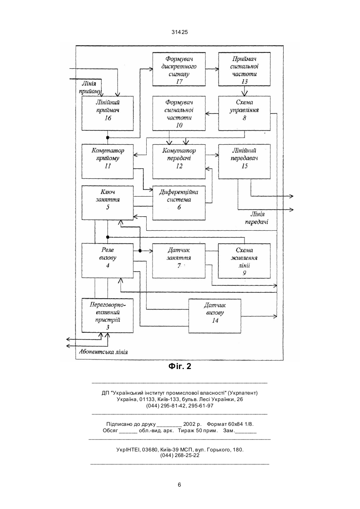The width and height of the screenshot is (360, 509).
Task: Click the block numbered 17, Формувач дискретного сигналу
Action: tap(179, 69)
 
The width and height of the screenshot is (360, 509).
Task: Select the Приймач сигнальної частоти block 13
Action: tap(245, 69)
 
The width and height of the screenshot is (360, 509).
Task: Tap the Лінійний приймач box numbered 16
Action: tap(107, 113)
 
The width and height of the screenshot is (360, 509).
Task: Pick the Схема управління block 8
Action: tap(245, 113)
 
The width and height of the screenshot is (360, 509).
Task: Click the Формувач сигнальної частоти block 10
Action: tap(179, 113)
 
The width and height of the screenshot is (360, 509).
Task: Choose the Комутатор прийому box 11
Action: tap(107, 161)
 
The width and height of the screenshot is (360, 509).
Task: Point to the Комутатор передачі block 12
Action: tap(179, 161)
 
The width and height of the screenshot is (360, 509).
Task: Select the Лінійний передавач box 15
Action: tap(245, 161)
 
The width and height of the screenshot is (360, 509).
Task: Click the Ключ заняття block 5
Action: tap(107, 203)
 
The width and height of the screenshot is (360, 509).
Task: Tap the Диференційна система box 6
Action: tap(179, 203)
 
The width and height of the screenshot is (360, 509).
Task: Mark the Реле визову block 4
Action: tap(107, 261)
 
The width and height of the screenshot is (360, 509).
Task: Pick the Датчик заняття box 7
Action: tap(179, 261)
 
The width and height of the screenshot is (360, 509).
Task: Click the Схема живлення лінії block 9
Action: tap(245, 261)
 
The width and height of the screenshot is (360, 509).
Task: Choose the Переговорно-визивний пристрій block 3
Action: tap(107, 315)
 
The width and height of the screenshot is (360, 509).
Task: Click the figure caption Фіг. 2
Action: tap(180, 366)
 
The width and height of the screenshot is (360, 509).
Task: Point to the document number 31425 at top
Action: tap(180, 32)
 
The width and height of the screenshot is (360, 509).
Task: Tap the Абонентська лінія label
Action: tap(103, 352)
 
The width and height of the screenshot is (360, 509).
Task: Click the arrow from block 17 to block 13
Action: tap(212, 69)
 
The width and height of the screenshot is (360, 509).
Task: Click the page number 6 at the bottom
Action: tap(179, 485)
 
